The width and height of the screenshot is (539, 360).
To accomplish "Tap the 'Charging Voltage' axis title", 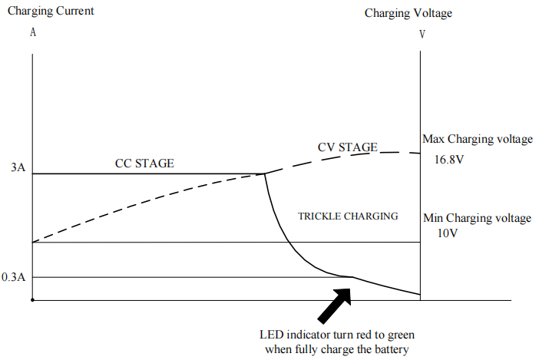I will pyautogui.click(x=408, y=13).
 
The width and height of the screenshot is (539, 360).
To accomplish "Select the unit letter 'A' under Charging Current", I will pyautogui.click(x=32, y=34).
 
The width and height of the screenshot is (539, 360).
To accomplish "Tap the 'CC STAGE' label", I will pyautogui.click(x=144, y=163).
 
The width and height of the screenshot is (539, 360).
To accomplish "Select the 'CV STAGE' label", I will pyautogui.click(x=347, y=147).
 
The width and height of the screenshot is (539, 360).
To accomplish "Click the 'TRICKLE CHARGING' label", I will pyautogui.click(x=348, y=216).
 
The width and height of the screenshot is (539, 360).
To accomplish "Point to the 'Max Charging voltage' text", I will pyautogui.click(x=477, y=140).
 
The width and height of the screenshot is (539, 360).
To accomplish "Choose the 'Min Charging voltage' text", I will pyautogui.click(x=477, y=219).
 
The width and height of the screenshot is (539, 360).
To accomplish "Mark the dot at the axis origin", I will pyautogui.click(x=32, y=300).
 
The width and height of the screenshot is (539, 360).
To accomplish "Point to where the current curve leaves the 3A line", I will pyautogui.click(x=265, y=174).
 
